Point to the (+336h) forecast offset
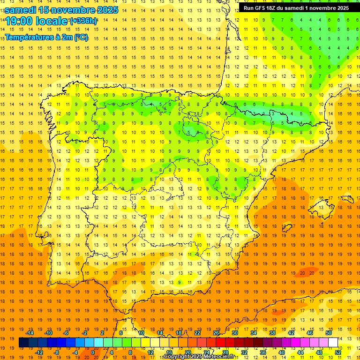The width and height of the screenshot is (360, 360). tap(83, 21)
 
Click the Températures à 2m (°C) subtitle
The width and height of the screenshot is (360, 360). tap(46, 37)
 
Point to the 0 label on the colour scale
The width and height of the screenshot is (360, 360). tap(92, 352)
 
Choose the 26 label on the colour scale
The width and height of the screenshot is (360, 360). tap(216, 333)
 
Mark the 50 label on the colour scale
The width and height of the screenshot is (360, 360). tap(329, 333)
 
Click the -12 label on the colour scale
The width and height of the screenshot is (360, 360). tap(39, 352)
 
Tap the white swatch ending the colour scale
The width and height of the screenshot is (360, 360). tap(333, 343)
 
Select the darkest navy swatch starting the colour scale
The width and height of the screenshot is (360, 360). tap(23, 343)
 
